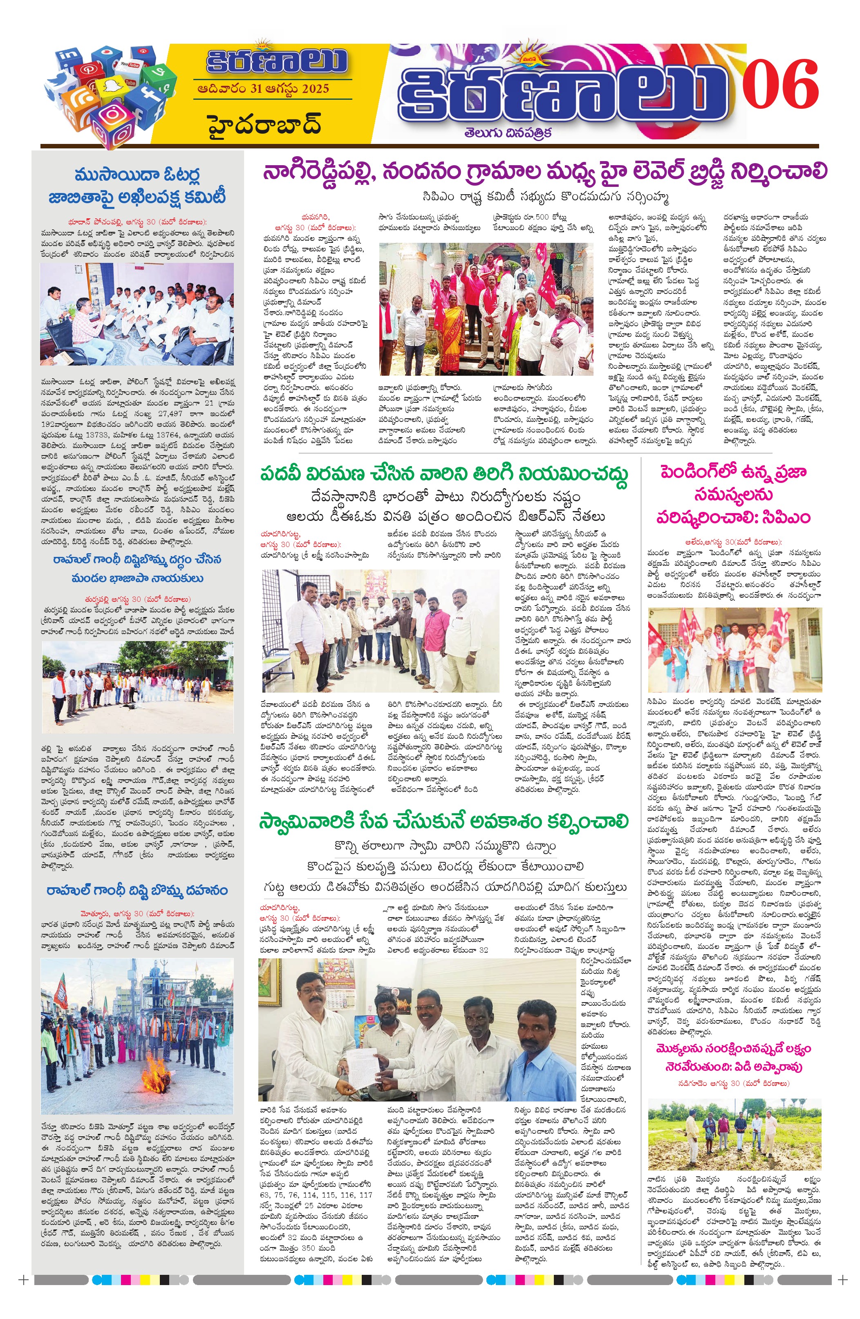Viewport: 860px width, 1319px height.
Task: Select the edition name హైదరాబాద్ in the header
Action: point(265,125)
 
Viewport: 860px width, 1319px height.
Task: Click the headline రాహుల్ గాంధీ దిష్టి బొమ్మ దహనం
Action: point(137,891)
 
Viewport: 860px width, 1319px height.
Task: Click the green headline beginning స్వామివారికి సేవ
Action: point(443,821)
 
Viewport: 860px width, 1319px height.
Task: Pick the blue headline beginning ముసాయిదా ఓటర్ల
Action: point(137,186)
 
